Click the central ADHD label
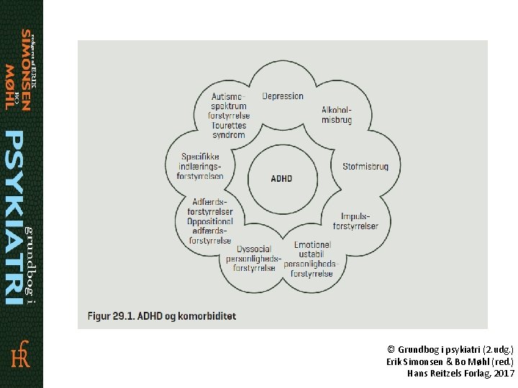pyautogui.click(x=282, y=179)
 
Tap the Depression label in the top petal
pyautogui.click(x=283, y=96)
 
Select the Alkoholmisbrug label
pyautogui.click(x=337, y=115)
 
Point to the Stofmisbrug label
pyautogui.click(x=365, y=167)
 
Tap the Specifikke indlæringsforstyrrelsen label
pyautogui.click(x=202, y=166)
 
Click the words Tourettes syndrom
pyautogui.click(x=229, y=130)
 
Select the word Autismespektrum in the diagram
pyautogui.click(x=229, y=101)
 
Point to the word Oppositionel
pyautogui.click(x=210, y=221)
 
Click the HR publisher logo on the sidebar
pyautogui.click(x=20, y=356)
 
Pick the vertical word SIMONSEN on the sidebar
pyautogui.click(x=26, y=70)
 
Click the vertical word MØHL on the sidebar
pyautogui.click(x=9, y=86)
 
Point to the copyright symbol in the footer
pyautogui.click(x=391, y=348)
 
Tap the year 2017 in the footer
pyautogui.click(x=504, y=374)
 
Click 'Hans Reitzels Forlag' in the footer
pyautogui.click(x=450, y=374)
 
